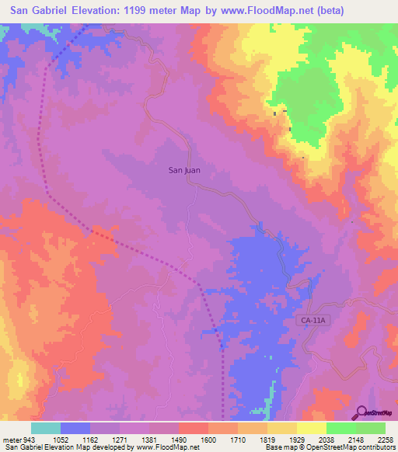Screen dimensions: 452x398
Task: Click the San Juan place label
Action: click(185, 169)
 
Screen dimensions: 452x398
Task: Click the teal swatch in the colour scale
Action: click(46, 428)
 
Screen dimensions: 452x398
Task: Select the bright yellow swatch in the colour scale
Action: click(311, 428)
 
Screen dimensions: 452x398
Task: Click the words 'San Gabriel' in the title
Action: click(44, 10)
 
